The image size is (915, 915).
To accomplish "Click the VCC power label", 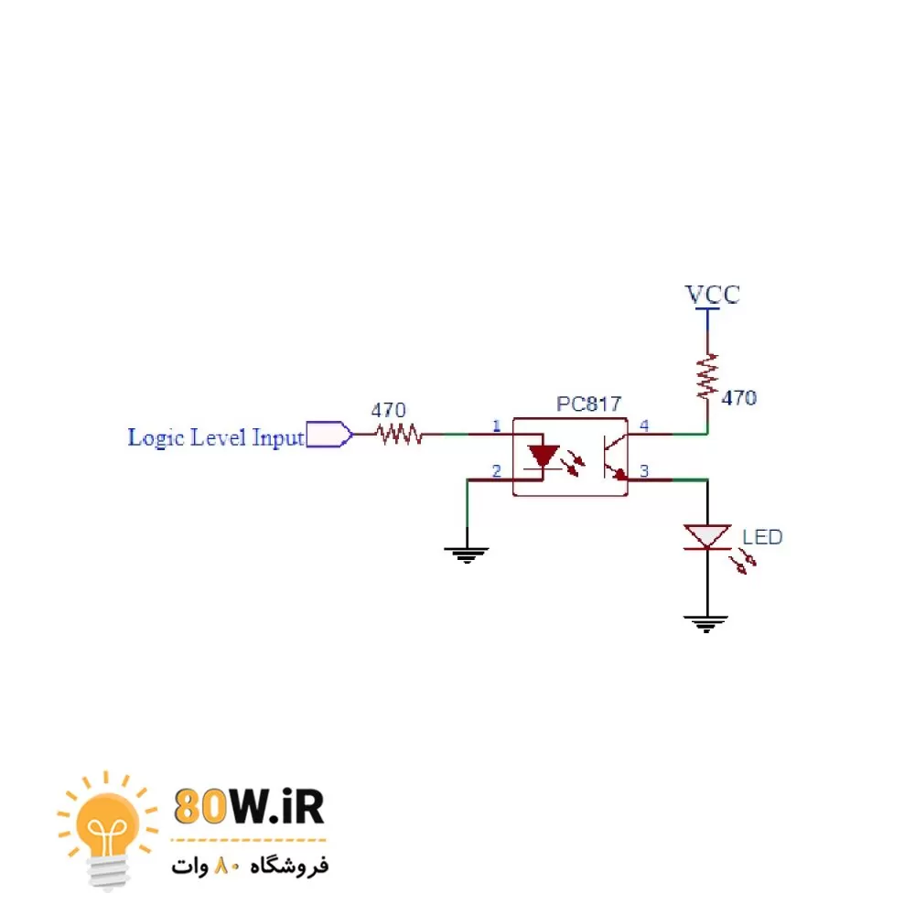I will click(713, 295).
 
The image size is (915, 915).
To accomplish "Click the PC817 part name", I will click(588, 404).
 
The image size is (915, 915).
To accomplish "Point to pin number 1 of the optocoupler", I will click(497, 425).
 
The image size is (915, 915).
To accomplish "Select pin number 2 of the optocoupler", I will click(497, 471).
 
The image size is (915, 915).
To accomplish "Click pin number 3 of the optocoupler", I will click(644, 471).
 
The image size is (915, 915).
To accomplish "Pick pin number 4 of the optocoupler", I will click(644, 425).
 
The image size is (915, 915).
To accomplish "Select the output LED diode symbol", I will click(707, 537).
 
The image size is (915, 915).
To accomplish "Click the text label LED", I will click(762, 537).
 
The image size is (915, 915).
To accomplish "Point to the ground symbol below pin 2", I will click(467, 553).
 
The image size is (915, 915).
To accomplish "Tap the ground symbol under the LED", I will click(706, 624).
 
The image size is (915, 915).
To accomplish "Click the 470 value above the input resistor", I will click(388, 411).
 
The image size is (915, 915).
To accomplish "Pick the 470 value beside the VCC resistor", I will click(739, 398).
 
